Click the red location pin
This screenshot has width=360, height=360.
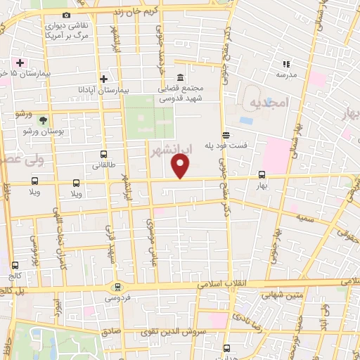pyautogui.click(x=181, y=166)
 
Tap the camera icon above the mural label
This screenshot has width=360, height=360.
pyautogui.click(x=66, y=15)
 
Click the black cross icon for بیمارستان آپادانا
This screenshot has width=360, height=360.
pyautogui.click(x=103, y=79)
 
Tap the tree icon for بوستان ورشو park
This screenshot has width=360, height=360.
pyautogui.click(x=44, y=121)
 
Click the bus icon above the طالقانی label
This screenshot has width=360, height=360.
pyautogui.click(x=103, y=155)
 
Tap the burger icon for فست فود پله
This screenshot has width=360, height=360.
pyautogui.click(x=225, y=136)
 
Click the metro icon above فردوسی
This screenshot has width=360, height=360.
pyautogui.click(x=117, y=287)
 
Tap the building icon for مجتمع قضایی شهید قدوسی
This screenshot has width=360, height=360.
pyautogui.click(x=181, y=77)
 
